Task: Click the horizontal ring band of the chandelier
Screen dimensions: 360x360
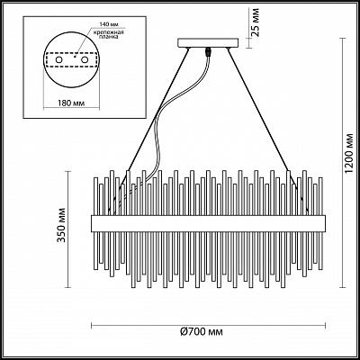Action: tap(209, 221)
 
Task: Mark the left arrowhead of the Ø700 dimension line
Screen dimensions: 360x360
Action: tap(92, 323)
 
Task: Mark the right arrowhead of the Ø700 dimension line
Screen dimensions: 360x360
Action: tap(327, 323)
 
